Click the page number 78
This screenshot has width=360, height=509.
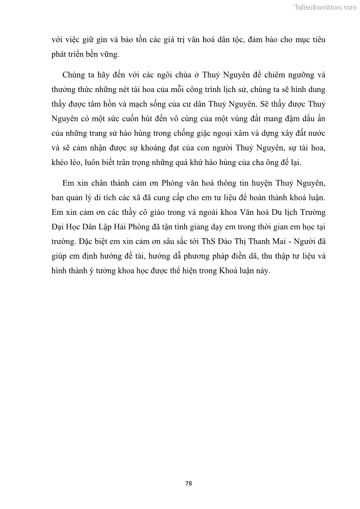[189, 483]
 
